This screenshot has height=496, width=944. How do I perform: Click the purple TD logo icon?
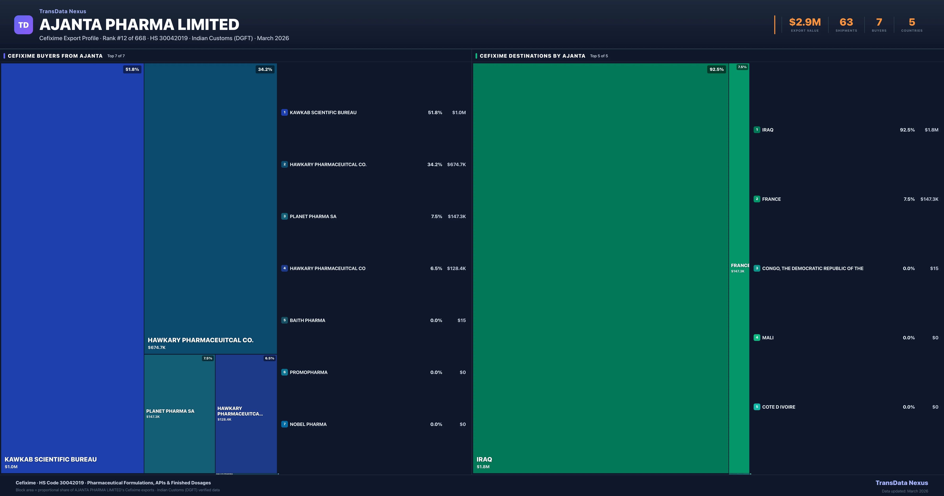[23, 25]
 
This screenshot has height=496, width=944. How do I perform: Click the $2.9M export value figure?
[805, 22]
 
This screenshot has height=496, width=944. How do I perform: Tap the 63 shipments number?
[846, 22]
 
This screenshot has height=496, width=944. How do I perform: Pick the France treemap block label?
[739, 266]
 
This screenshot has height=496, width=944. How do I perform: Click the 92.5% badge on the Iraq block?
[716, 69]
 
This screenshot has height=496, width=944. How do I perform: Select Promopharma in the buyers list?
[309, 372]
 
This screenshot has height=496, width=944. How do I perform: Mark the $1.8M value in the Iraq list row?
[931, 130]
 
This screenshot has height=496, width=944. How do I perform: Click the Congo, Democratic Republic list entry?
[812, 268]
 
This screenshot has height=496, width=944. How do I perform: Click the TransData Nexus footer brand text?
[902, 483]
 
